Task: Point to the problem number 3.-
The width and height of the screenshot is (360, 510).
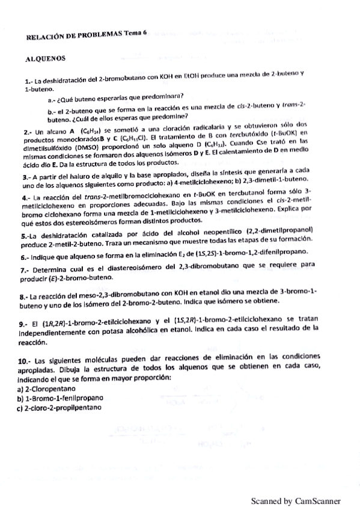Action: [26, 177]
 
